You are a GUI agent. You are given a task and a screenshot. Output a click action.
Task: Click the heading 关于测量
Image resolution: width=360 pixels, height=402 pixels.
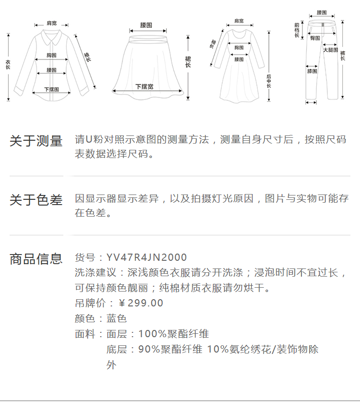[36, 141]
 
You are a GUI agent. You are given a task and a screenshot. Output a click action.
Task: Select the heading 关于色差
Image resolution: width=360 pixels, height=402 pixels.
[36, 200]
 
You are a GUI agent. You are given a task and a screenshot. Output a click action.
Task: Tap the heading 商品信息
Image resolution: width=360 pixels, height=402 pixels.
[36, 259]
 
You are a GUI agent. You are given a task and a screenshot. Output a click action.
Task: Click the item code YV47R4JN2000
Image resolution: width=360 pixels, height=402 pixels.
[147, 258]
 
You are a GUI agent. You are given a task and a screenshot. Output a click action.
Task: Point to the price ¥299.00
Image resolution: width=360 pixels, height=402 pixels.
[141, 303]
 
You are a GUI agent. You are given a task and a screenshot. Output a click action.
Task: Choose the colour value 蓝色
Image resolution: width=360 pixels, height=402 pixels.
[117, 318]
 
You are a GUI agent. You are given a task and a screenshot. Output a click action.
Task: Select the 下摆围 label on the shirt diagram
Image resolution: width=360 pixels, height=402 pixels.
[51, 89]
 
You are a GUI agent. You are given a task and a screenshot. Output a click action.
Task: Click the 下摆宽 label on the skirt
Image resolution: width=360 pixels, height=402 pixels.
[144, 86]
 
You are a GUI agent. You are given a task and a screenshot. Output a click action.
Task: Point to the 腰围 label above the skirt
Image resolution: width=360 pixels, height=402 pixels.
[146, 24]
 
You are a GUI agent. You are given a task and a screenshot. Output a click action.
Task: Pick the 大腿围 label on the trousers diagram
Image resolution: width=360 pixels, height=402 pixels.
[330, 49]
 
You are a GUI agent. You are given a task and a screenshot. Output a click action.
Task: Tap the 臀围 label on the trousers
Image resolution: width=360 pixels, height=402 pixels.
[315, 38]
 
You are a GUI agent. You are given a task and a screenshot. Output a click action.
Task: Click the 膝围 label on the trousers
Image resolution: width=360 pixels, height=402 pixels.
[312, 71]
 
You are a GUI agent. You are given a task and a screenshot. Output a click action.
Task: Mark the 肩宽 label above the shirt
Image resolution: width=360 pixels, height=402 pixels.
[51, 23]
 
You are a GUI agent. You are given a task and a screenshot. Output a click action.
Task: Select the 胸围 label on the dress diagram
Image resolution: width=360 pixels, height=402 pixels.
[239, 48]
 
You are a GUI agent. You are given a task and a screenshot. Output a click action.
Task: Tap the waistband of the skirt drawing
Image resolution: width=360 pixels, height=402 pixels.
[146, 33]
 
